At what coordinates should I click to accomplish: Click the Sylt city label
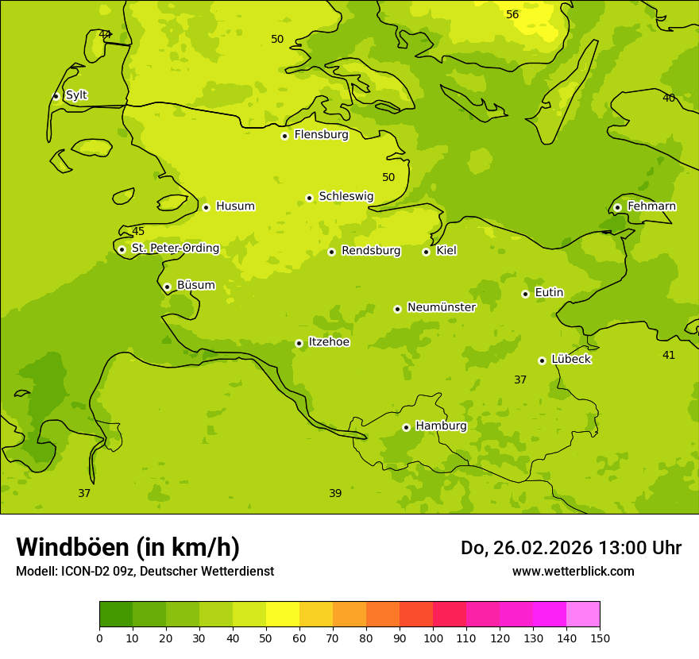(76, 95)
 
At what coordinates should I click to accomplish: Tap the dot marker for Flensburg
(284, 136)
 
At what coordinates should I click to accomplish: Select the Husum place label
(235, 206)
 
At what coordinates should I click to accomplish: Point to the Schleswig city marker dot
(309, 198)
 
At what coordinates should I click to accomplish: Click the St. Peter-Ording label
(175, 249)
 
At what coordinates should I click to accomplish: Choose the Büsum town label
(195, 285)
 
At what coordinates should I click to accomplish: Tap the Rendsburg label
(371, 251)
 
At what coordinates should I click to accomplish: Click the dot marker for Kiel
(426, 252)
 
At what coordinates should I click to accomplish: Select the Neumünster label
(441, 307)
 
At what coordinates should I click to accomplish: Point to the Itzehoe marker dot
(299, 343)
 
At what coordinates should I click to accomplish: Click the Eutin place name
(549, 293)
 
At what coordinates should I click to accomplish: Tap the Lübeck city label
(570, 359)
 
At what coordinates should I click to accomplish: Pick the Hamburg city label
(441, 426)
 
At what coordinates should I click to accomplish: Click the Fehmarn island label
(651, 206)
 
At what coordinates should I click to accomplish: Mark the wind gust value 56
(512, 15)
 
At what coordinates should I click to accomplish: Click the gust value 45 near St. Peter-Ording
(138, 232)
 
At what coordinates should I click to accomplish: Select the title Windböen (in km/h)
(128, 547)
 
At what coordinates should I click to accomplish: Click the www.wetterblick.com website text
(573, 571)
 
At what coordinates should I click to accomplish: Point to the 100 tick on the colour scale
(433, 638)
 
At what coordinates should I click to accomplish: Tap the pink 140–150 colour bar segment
(583, 615)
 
